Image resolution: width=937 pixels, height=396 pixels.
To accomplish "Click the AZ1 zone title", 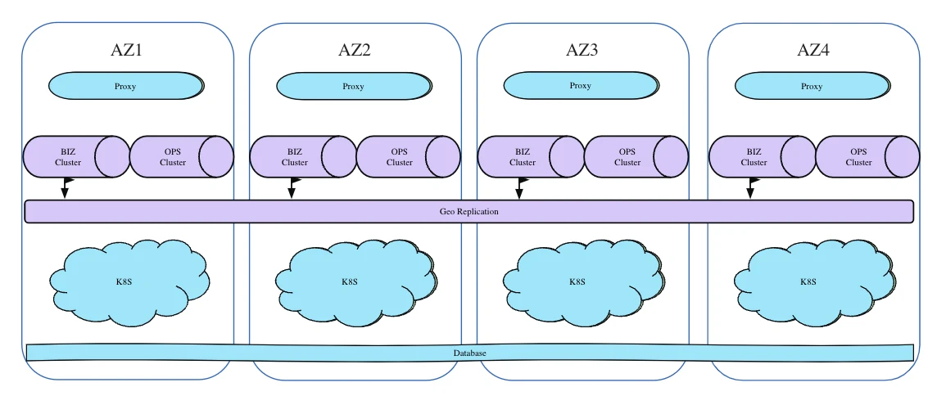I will point(127,50).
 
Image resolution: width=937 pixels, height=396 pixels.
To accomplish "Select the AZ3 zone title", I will point(582,50).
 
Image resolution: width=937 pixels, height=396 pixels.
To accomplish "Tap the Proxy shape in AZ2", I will point(354,87).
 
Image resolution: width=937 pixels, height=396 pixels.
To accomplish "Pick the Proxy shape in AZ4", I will point(812,87).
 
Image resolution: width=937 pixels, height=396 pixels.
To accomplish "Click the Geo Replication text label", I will point(468,212).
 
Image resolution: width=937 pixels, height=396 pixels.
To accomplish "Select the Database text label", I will point(470,353).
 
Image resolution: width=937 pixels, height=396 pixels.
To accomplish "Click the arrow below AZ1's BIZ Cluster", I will point(65,189).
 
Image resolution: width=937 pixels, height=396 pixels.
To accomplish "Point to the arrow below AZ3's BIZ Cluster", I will point(519,189).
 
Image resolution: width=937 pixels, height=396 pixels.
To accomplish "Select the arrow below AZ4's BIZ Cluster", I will point(749,189).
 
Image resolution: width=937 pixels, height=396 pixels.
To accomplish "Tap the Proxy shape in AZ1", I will point(126,87).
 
